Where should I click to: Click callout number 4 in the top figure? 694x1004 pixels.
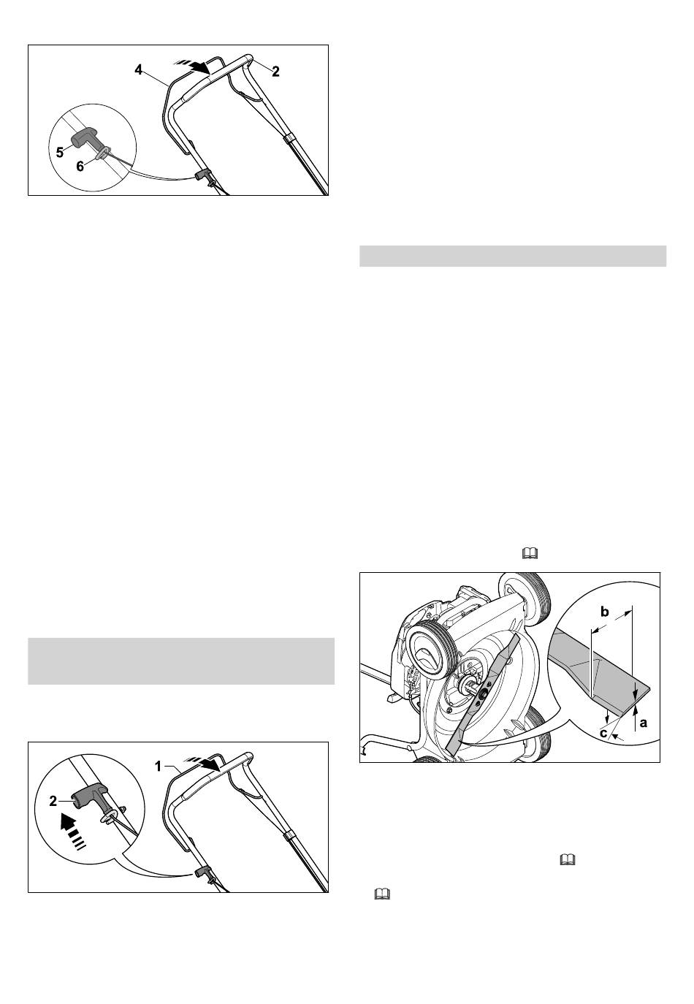(139, 70)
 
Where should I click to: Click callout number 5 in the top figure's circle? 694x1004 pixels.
(60, 153)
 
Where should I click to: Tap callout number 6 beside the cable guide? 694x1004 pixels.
(80, 167)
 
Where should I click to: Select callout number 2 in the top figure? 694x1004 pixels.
(275, 72)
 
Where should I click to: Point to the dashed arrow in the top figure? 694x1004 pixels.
(192, 66)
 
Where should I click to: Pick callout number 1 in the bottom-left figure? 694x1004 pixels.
(158, 767)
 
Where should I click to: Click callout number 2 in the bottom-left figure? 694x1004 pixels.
(53, 801)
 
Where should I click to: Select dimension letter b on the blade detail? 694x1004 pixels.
(604, 612)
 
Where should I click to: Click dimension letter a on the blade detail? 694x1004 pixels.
(644, 722)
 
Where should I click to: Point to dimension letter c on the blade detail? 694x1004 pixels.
(603, 734)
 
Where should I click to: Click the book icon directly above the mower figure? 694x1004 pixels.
(530, 554)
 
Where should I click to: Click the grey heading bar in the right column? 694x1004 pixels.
(513, 256)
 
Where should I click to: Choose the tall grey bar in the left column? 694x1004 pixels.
(181, 661)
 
